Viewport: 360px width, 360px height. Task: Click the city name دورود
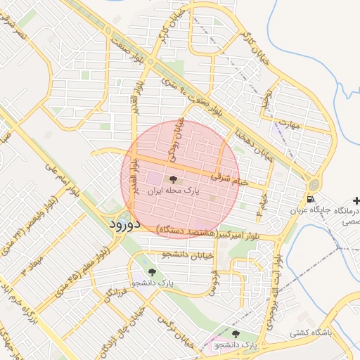[x=127, y=224]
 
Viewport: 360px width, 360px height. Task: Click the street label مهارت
[x=288, y=124]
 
